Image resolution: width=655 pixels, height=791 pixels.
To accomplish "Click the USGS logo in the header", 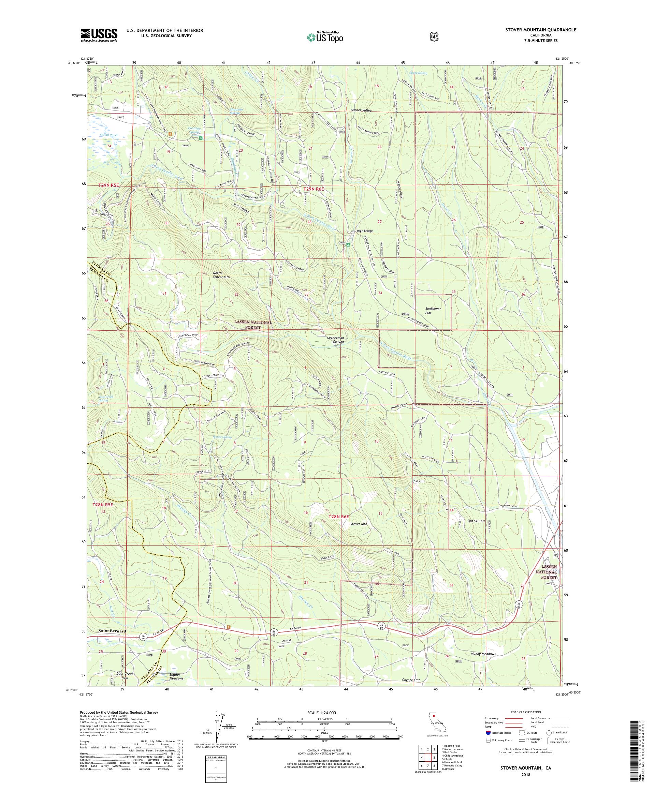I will pos(99,35).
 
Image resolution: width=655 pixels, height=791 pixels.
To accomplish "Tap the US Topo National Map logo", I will pos(324,37).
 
